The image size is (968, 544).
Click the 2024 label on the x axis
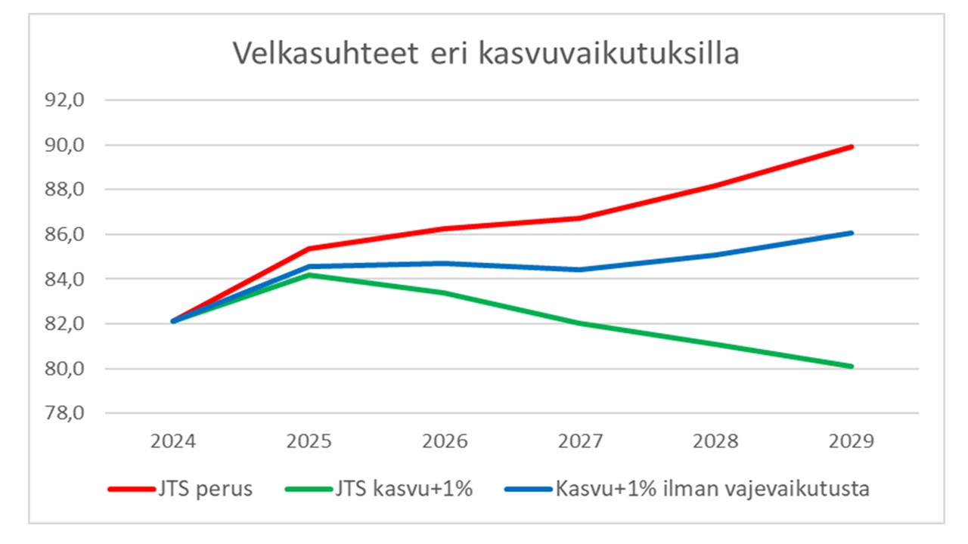pos(174,441)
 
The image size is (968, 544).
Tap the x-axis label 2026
pos(445,441)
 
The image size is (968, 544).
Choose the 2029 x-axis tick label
pos(852,441)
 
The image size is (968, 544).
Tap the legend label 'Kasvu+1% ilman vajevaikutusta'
pos(712,489)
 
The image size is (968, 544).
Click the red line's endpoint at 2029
pos(852,147)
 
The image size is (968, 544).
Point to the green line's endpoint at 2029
pos(852,366)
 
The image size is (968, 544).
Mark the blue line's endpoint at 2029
pos(852,233)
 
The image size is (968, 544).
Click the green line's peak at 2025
pos(309,274)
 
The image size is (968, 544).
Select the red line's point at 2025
pos(309,249)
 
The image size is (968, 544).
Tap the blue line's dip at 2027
pos(581,270)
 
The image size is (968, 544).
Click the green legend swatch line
pos(309,489)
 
